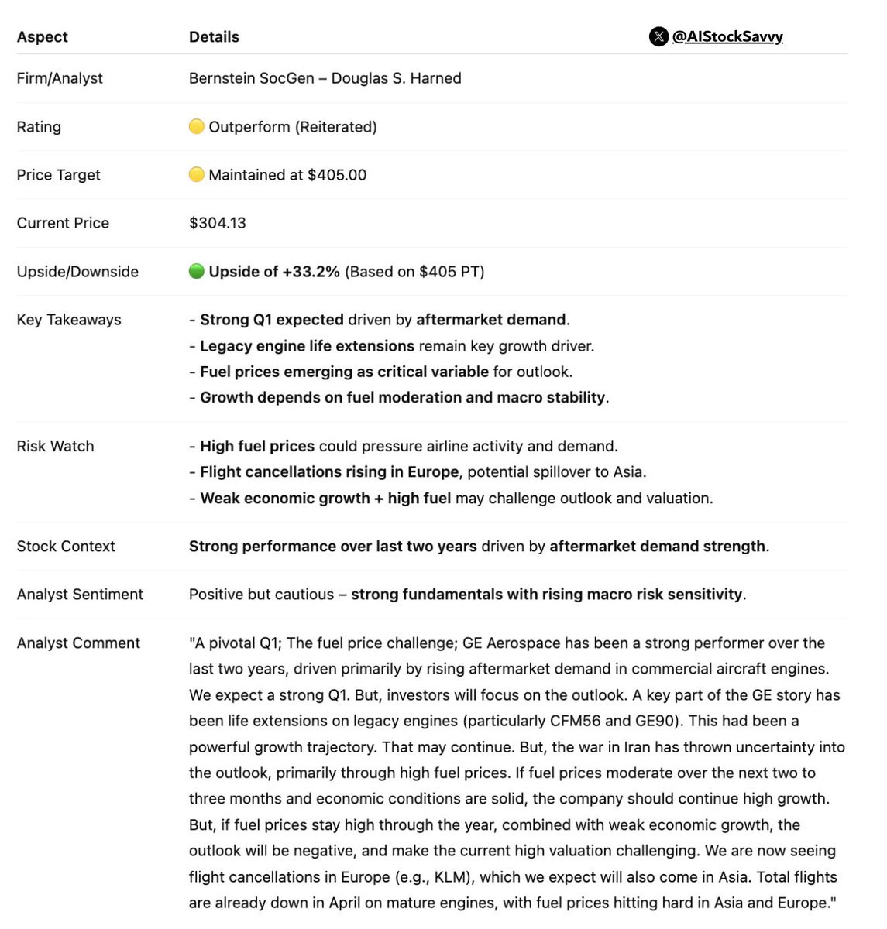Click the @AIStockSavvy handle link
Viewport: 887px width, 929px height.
pyautogui.click(x=727, y=36)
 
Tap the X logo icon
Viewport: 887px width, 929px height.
pyautogui.click(x=658, y=36)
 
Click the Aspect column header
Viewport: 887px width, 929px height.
pyautogui.click(x=42, y=36)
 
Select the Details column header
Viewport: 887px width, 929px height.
pyautogui.click(x=214, y=36)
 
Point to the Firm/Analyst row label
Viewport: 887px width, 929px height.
pyautogui.click(x=60, y=78)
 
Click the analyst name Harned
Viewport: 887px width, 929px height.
pyautogui.click(x=435, y=78)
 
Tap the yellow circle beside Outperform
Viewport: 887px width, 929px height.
pyautogui.click(x=197, y=126)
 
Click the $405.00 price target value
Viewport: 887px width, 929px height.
pyautogui.click(x=337, y=175)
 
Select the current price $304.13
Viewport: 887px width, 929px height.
pyautogui.click(x=218, y=223)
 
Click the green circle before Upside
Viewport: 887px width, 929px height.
pyautogui.click(x=197, y=271)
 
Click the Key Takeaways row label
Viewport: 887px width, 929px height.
pyautogui.click(x=69, y=320)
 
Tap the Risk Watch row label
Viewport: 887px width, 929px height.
pyautogui.click(x=55, y=446)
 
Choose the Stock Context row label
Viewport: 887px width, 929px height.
pyautogui.click(x=66, y=547)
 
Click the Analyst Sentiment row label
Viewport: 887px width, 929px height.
pyautogui.click(x=80, y=595)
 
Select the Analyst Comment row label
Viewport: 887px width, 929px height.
pyautogui.click(x=78, y=643)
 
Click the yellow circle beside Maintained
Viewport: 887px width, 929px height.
pyautogui.click(x=197, y=175)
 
